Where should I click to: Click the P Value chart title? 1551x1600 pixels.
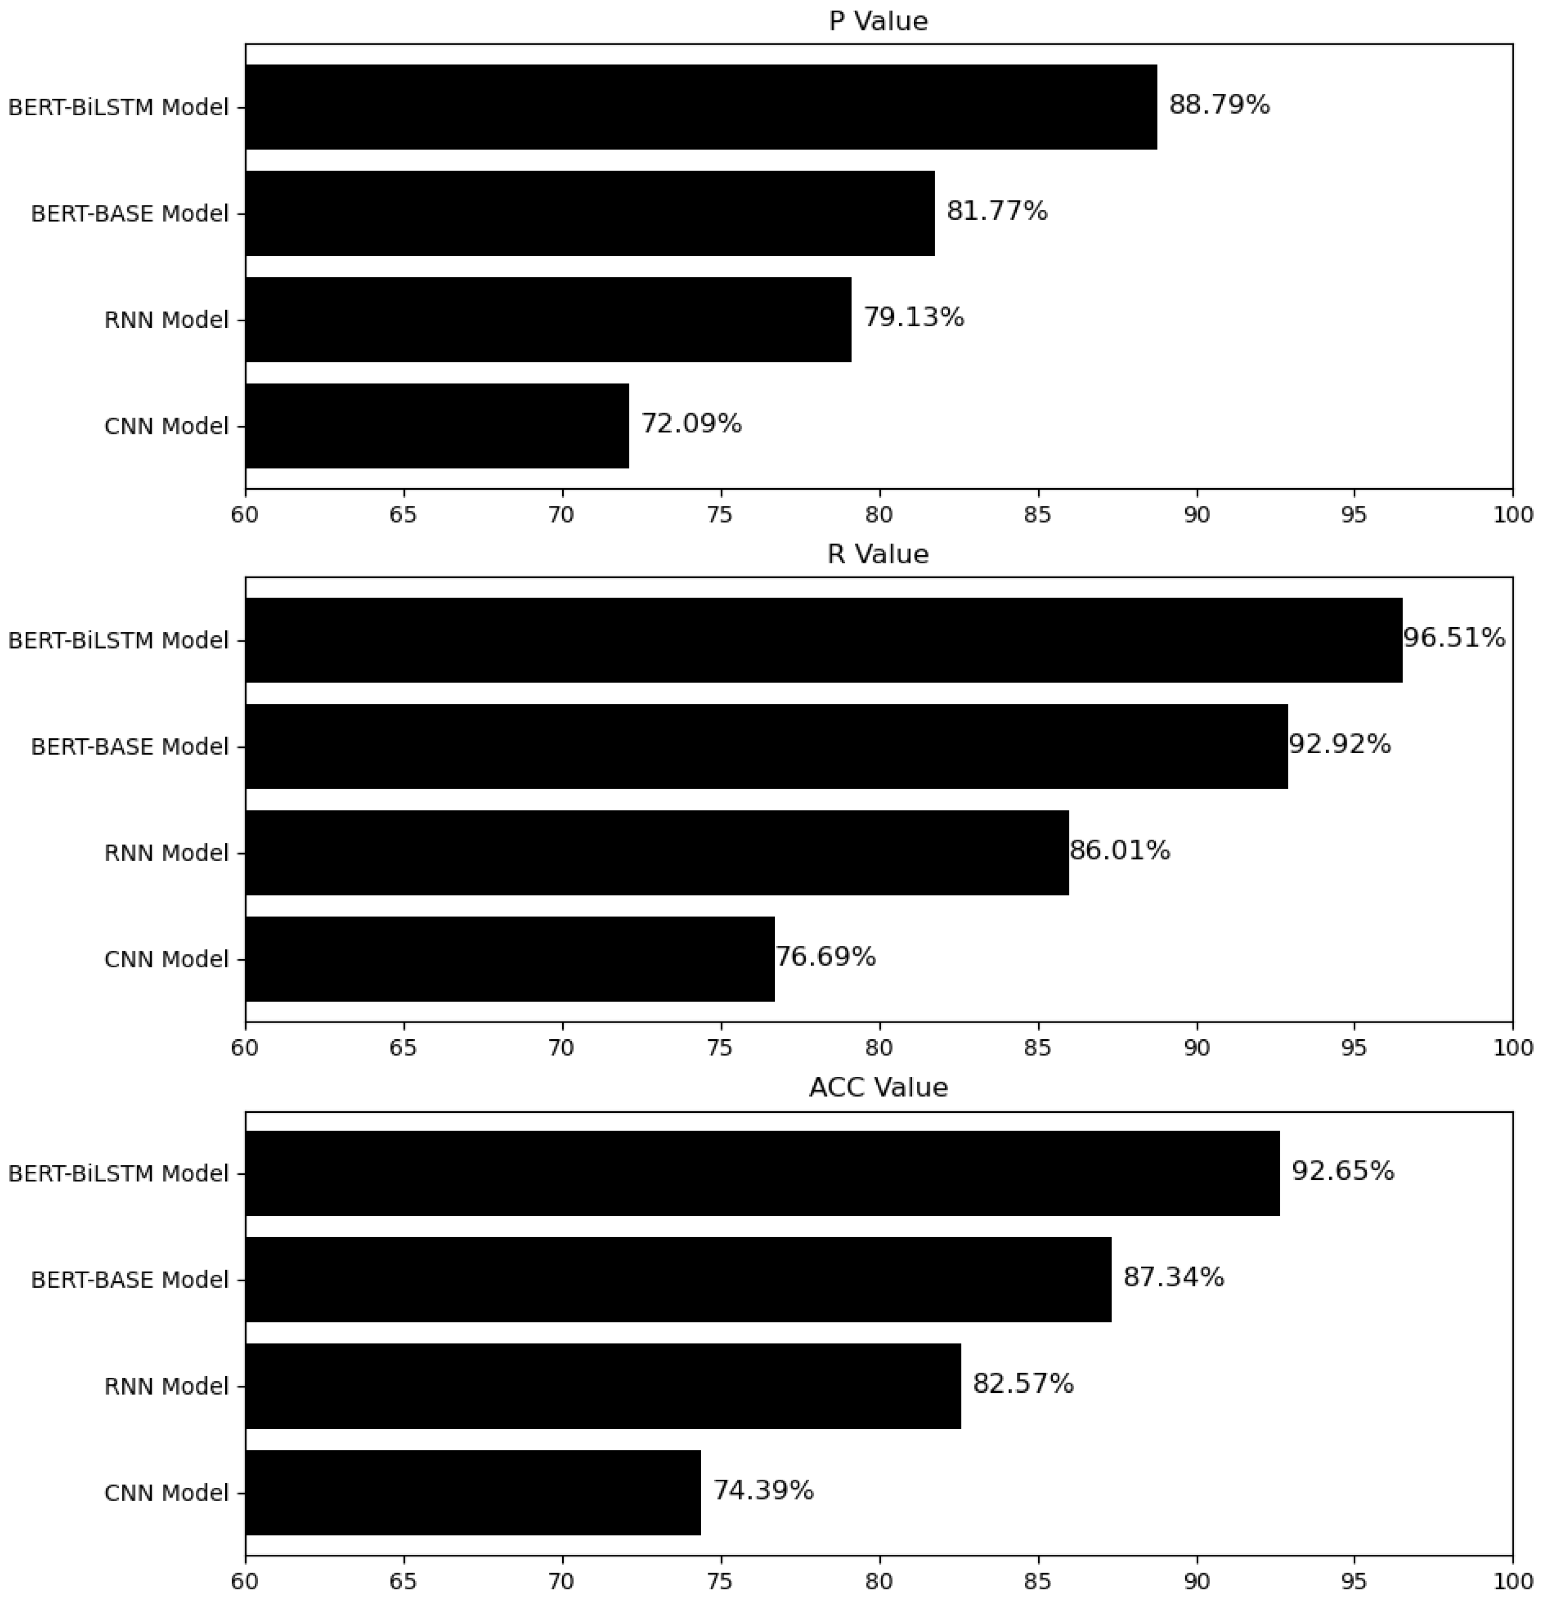tap(878, 21)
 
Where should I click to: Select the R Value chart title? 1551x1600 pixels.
tap(878, 554)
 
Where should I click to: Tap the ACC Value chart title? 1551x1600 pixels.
tap(878, 1087)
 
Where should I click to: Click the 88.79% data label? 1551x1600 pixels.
tap(1220, 106)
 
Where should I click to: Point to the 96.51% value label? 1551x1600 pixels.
tap(1454, 637)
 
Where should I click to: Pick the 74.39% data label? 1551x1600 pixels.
tap(763, 1490)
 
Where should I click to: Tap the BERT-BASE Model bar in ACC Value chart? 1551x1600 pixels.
tap(677, 1279)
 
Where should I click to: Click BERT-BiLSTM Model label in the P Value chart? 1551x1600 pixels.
tap(118, 108)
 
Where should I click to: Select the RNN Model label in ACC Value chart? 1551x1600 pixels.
tap(166, 1386)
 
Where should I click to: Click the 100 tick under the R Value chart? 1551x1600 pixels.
tap(1512, 1048)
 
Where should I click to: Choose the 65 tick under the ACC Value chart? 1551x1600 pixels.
tap(403, 1581)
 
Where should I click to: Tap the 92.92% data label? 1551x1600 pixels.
tap(1339, 744)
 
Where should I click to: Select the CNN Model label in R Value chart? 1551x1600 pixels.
tap(166, 959)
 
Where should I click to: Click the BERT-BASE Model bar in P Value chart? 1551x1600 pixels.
tap(590, 213)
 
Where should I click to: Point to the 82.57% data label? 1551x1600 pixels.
tap(1023, 1384)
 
